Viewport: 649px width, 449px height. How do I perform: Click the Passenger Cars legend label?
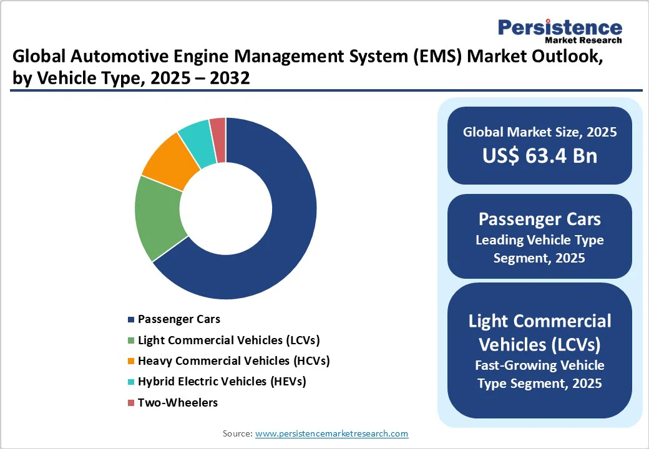pyautogui.click(x=178, y=319)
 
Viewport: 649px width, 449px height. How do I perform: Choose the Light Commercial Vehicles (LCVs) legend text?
pyautogui.click(x=228, y=340)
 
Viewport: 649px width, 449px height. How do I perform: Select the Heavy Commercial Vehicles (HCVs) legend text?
pyautogui.click(x=233, y=360)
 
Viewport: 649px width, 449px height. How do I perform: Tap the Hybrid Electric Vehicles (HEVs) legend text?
pyautogui.click(x=222, y=381)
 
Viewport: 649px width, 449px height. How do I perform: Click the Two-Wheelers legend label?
pyautogui.click(x=178, y=402)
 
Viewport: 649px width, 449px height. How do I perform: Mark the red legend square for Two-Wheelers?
pyautogui.click(x=130, y=403)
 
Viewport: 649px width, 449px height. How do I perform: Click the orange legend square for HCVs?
pyautogui.click(x=130, y=361)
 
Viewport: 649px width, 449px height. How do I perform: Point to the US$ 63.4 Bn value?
pyautogui.click(x=539, y=155)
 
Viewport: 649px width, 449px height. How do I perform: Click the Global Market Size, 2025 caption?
pyautogui.click(x=539, y=132)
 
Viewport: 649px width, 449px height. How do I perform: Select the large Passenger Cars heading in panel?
pyautogui.click(x=539, y=219)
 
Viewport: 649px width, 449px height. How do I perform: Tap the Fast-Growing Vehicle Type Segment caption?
pyautogui.click(x=539, y=374)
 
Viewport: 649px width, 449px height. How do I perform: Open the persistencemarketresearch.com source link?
pyautogui.click(x=331, y=433)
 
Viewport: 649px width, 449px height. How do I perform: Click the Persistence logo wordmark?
pyautogui.click(x=559, y=27)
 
